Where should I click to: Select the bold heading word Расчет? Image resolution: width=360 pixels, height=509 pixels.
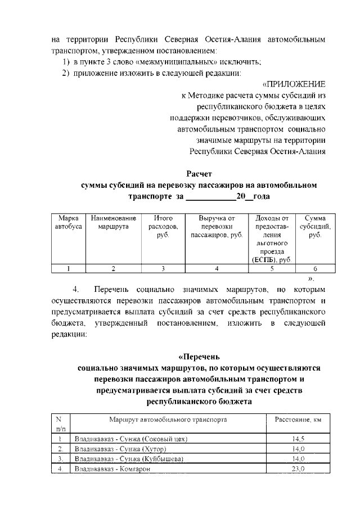[x=199, y=173]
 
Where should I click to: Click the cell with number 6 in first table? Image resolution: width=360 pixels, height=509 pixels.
[x=315, y=269]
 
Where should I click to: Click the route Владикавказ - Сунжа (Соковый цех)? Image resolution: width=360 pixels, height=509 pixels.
[x=130, y=439]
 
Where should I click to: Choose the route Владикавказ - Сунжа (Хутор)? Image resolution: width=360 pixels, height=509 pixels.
[x=122, y=449]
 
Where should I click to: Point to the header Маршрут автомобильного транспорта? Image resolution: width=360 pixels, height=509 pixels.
[x=168, y=420]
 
